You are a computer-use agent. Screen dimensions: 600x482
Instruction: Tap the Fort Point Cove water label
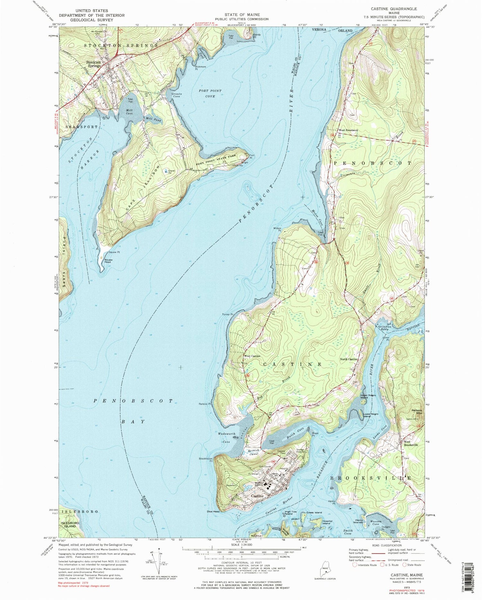(210, 93)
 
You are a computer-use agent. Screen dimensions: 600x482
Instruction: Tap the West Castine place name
(252, 356)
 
